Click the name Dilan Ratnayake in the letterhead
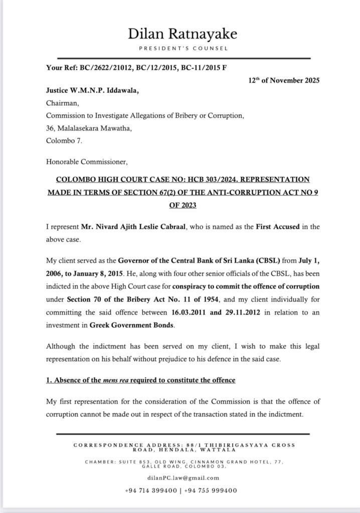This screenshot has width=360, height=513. click(182, 34)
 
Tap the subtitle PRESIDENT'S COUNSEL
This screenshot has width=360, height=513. click(182, 49)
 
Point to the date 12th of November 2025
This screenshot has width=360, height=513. click(284, 80)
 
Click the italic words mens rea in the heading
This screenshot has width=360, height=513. click(116, 380)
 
